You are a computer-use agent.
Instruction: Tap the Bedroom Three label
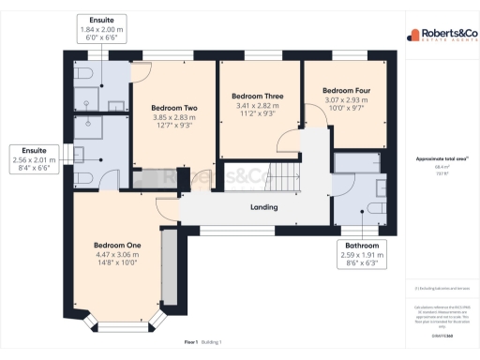point(258,96)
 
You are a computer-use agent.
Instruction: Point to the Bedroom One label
point(115,245)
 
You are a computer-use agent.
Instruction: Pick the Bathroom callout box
point(359,254)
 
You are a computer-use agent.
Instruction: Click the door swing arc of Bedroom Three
point(286,141)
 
